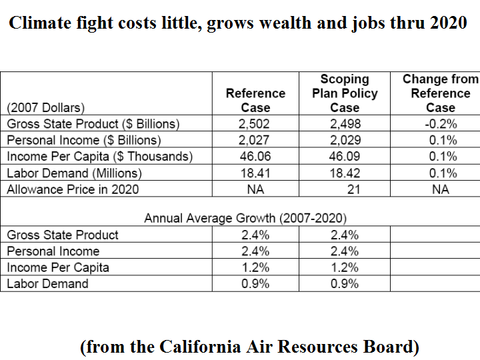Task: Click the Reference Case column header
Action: coord(255,100)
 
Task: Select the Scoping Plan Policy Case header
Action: coord(345,93)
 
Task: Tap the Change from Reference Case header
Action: coord(440,93)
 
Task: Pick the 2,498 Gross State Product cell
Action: coord(345,124)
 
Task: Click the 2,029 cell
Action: coord(345,140)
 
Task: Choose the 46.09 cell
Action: coord(345,157)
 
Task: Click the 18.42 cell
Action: coord(345,173)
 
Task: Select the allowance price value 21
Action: coord(353,189)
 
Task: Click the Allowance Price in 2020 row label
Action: coord(73,189)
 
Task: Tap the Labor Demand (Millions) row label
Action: coord(74,173)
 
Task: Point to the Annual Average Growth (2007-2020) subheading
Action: coord(245,218)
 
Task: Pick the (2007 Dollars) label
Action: coord(46,107)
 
